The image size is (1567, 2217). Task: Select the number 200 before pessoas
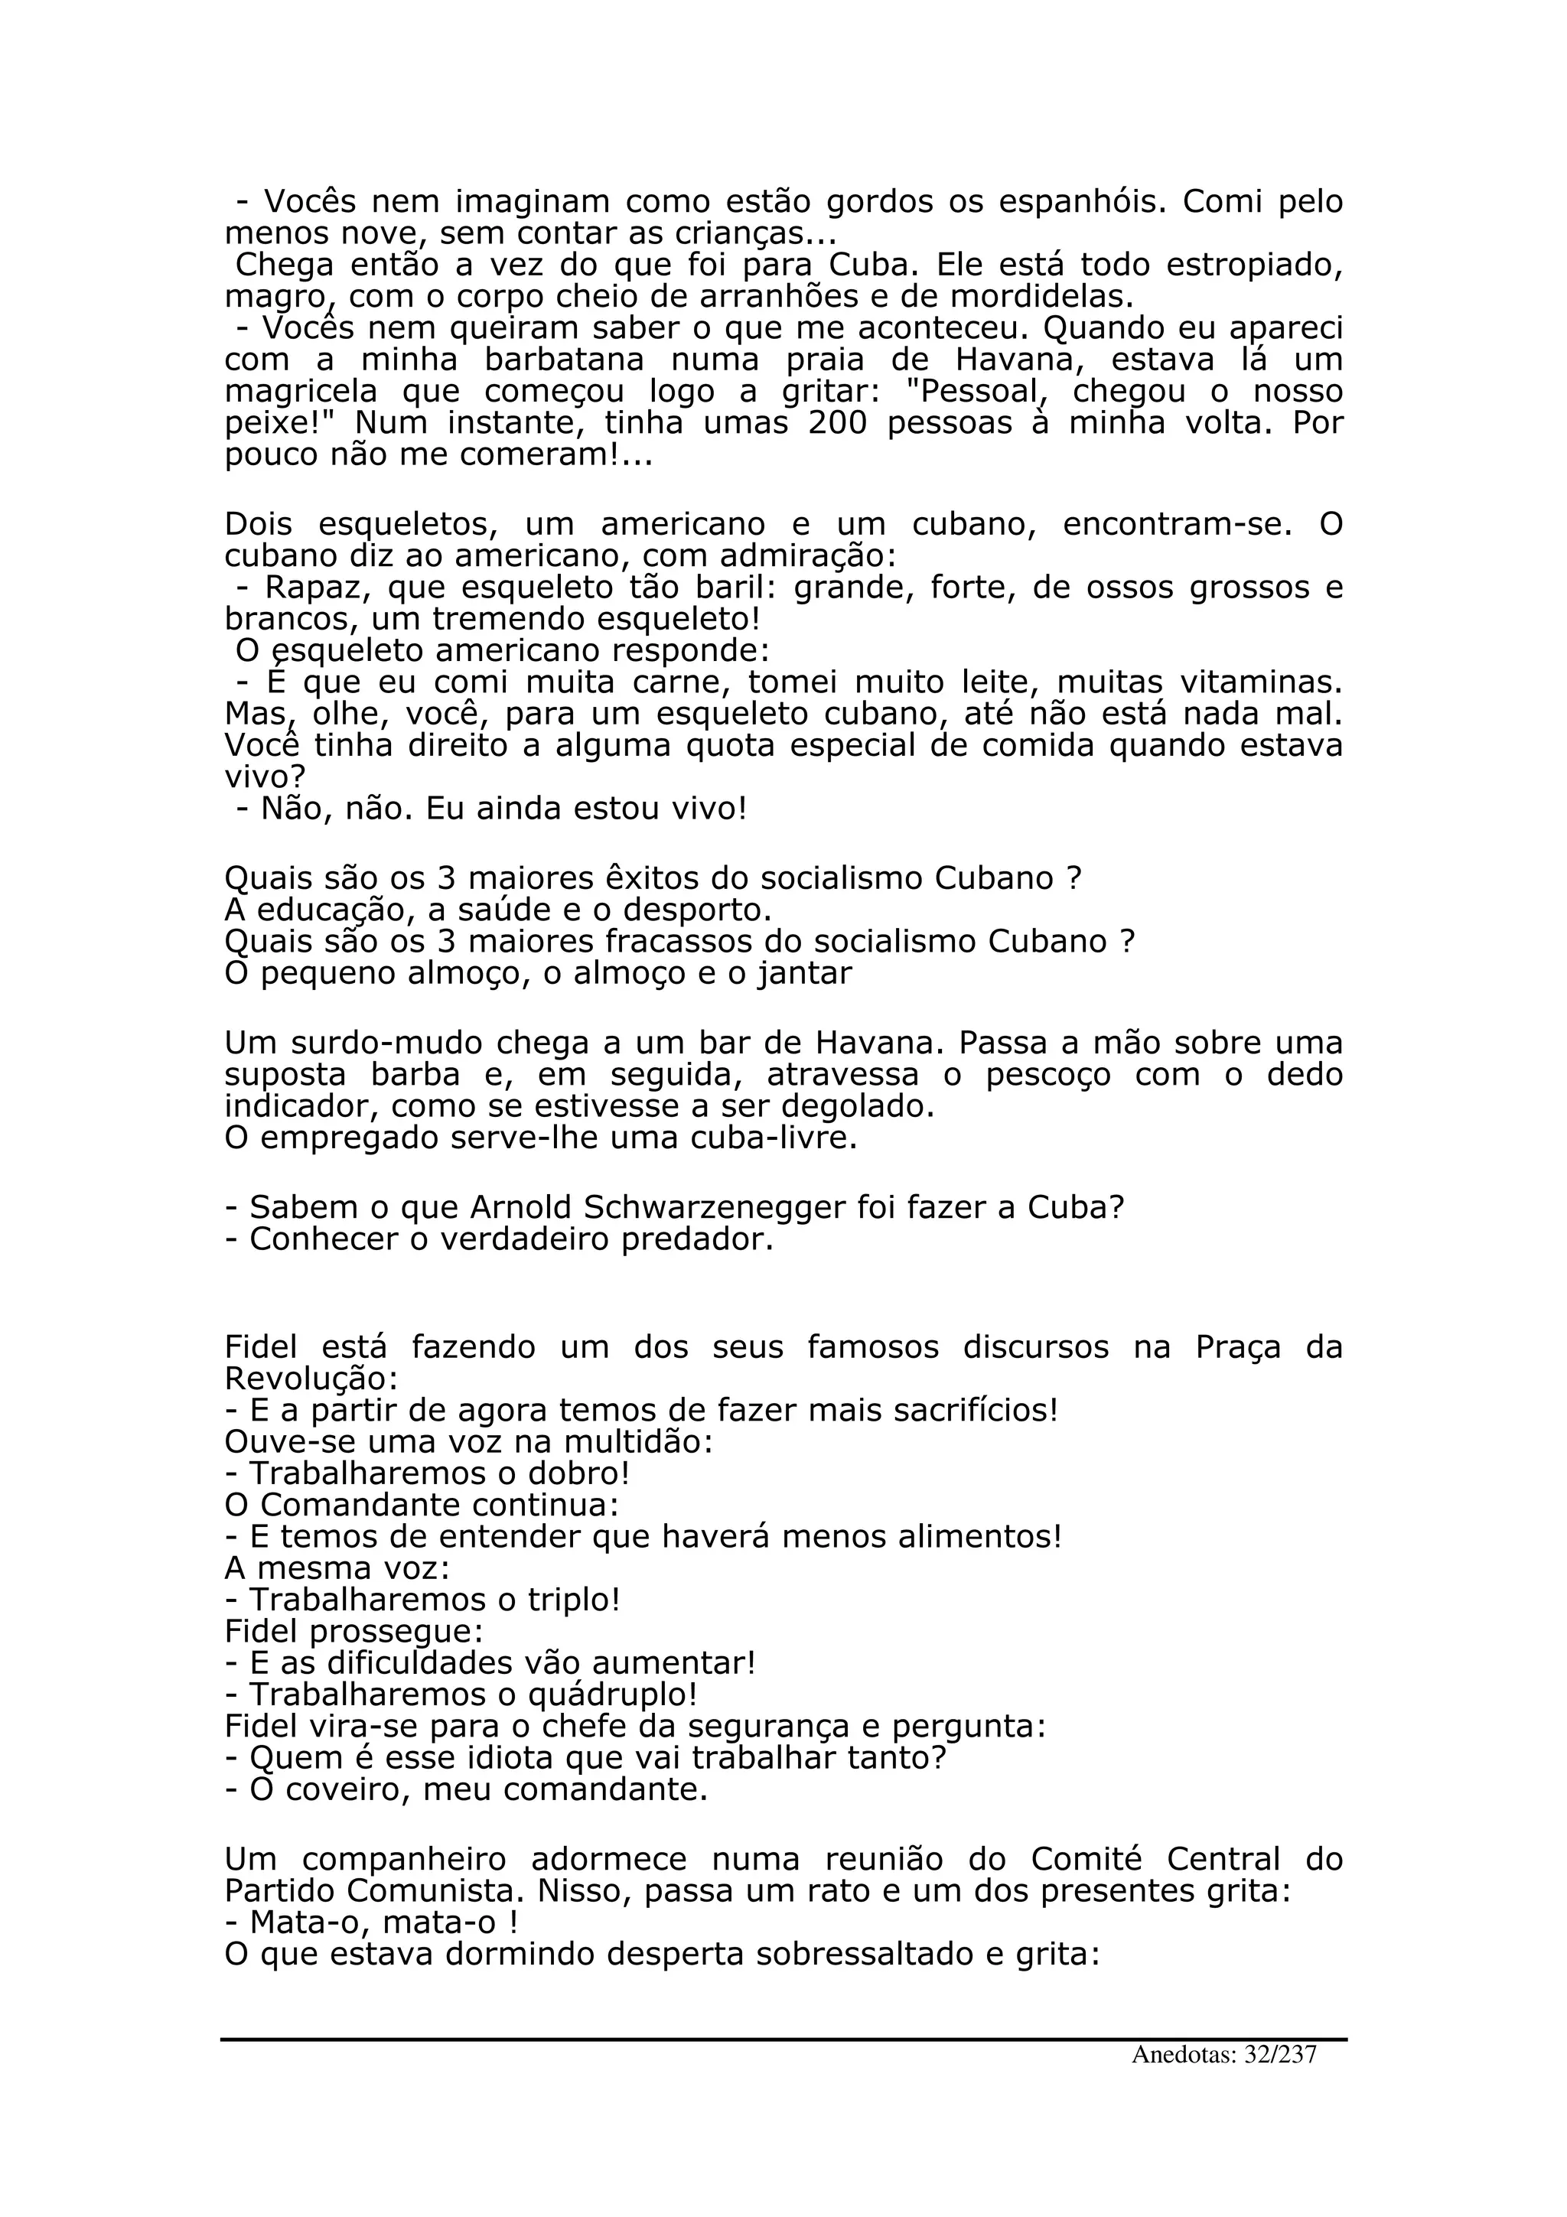[836, 424]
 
